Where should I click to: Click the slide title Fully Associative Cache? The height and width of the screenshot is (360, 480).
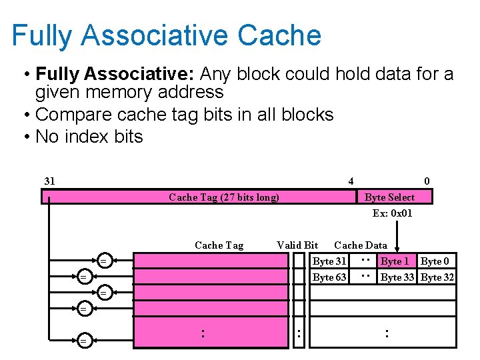click(166, 35)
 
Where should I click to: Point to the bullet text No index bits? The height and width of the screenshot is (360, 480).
click(89, 137)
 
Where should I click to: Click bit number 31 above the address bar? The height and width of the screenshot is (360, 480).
click(49, 181)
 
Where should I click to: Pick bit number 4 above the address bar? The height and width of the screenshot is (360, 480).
click(351, 181)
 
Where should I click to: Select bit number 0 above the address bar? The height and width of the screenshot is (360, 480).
click(427, 181)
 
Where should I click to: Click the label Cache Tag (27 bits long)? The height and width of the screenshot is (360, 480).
click(224, 197)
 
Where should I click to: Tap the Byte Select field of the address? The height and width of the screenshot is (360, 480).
click(389, 197)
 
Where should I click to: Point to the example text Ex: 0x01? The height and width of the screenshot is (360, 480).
click(392, 213)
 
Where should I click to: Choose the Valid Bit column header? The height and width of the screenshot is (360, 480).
click(297, 245)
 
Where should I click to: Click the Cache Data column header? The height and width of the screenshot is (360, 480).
click(360, 245)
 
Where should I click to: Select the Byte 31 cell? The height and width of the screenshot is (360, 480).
click(329, 261)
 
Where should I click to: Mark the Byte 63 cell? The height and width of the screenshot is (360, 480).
click(329, 277)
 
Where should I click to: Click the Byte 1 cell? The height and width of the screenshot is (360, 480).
click(395, 261)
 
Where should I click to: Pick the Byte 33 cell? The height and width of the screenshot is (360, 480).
click(397, 277)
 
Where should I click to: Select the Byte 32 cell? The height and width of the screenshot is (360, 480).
click(437, 277)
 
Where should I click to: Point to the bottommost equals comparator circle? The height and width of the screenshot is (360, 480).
click(83, 341)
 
